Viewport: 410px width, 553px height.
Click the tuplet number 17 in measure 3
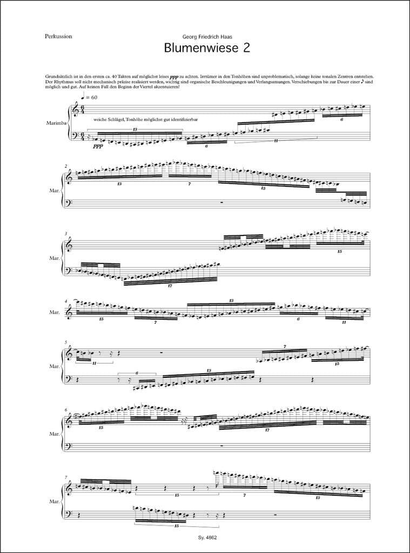pyautogui.click(x=170, y=285)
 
